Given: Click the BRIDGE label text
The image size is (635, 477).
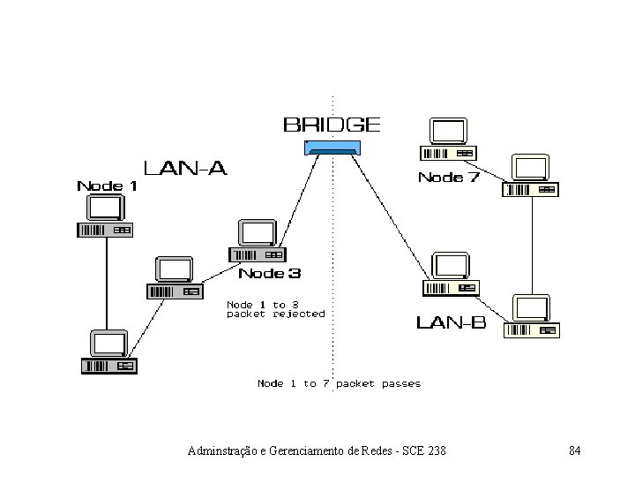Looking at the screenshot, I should tap(332, 125).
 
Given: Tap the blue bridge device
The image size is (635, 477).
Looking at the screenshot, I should tap(332, 148).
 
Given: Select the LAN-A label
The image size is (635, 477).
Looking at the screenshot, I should tap(185, 168).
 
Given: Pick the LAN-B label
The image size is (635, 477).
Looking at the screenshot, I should tap(451, 322).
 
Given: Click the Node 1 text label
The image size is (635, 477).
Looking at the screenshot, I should tap(107, 185).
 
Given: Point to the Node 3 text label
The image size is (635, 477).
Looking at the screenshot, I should tap(274, 274).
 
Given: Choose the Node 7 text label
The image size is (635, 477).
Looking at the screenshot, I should tap(449, 178).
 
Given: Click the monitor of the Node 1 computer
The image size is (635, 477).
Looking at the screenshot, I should tap(105, 208).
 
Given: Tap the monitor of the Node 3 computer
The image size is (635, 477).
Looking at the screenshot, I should tap(259, 233).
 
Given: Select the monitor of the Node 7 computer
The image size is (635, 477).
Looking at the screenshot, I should tap(448, 132).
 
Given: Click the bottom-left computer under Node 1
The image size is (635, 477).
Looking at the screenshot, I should tap(108, 352).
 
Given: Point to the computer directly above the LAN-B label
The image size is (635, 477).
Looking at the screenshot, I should tap(450, 274).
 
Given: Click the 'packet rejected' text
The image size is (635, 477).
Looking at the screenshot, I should tap(275, 314).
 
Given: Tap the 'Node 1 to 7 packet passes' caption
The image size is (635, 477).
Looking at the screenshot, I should tap(339, 383).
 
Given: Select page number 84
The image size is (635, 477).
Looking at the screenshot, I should tap(574, 451).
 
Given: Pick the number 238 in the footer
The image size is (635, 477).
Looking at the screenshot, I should tap(436, 451).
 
